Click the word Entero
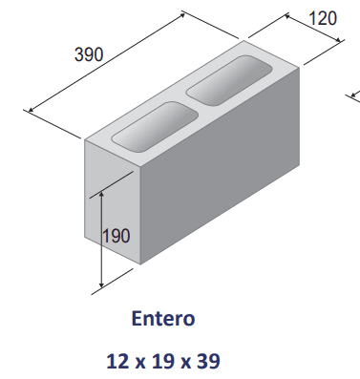[x=163, y=317]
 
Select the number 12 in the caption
[x=117, y=361]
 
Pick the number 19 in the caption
[x=164, y=361]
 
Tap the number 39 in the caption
[x=212, y=361]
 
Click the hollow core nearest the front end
[x=152, y=124]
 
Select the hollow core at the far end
[x=227, y=79]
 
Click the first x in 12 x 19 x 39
[x=140, y=362]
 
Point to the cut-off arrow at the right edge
[x=352, y=94]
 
